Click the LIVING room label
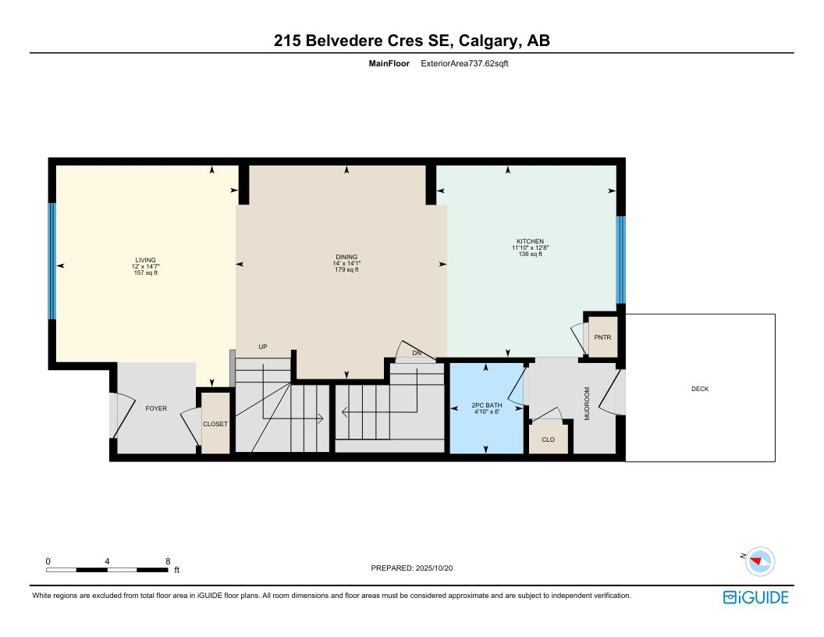tap(146, 260)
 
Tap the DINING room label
tap(346, 257)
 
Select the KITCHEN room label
tap(531, 241)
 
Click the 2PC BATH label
tap(487, 405)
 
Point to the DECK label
tap(700, 389)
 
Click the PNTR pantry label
tap(602, 337)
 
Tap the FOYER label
tap(156, 408)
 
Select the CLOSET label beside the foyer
tap(215, 424)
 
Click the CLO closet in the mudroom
tap(548, 439)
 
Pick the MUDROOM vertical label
tap(587, 404)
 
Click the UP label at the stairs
tap(263, 347)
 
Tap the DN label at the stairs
tap(417, 353)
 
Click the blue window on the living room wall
tap(52, 262)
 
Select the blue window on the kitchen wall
tap(620, 260)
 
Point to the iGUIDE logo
tap(755, 598)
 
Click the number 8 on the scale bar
tap(169, 561)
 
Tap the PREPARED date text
tap(412, 568)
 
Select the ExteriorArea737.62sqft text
tap(464, 63)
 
